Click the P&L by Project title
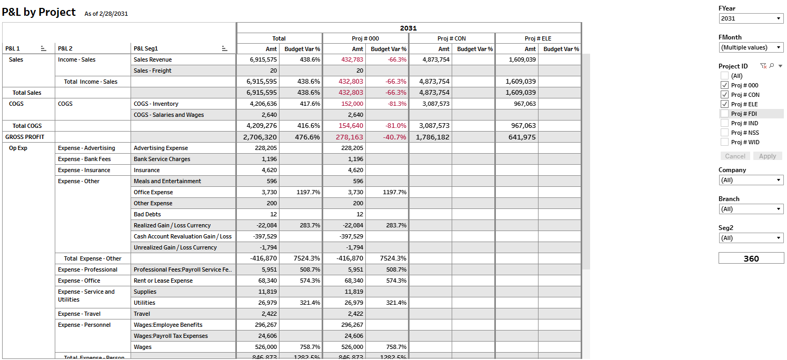(x=39, y=12)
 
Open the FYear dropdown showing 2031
(x=751, y=18)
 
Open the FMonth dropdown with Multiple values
(x=751, y=47)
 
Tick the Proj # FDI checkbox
(x=725, y=114)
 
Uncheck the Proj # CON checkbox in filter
(x=725, y=95)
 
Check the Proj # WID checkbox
(x=725, y=142)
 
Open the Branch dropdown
(x=751, y=209)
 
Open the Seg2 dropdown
(x=751, y=238)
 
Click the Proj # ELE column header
(x=538, y=38)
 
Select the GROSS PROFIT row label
(x=25, y=137)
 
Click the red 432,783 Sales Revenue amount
(x=352, y=59)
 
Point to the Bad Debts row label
(x=147, y=214)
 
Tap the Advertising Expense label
(x=161, y=148)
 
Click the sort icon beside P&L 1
(x=44, y=48)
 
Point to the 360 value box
(x=751, y=258)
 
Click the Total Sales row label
(x=27, y=93)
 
